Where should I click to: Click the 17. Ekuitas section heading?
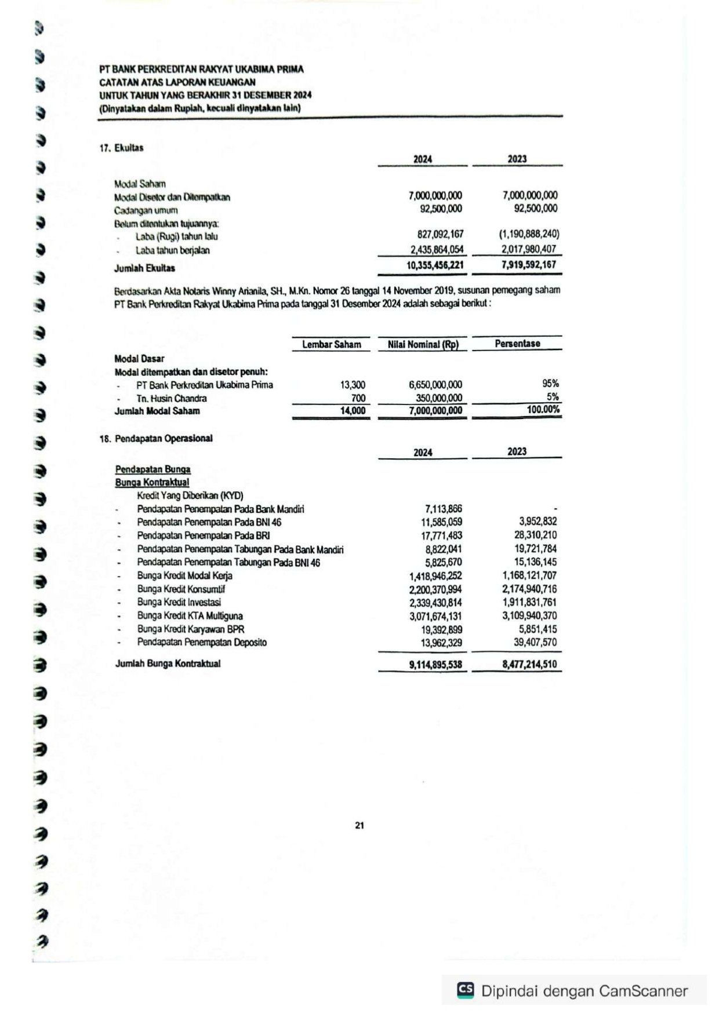coord(121,148)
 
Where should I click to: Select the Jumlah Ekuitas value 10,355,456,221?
coord(435,265)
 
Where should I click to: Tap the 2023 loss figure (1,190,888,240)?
coord(529,234)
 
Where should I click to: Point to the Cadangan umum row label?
coord(146,210)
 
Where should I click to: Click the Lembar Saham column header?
coord(331,344)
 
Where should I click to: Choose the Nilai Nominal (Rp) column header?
coord(423,344)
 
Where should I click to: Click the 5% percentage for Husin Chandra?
coord(553,397)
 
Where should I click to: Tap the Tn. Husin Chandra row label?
coord(171,398)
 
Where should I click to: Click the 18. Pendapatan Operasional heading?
coord(156,439)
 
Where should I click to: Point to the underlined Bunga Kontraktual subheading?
coord(152,482)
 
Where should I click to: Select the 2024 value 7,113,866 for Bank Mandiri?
coord(444,509)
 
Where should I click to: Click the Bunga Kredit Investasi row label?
coord(179,602)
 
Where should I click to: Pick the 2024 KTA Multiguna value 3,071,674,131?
coord(435,616)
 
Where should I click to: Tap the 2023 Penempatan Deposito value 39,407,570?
coord(535,642)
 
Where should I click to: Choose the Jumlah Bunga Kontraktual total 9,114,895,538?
coord(435,664)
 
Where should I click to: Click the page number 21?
coord(359,825)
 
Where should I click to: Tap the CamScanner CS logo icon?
coord(465,990)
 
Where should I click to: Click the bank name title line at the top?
coord(201,69)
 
